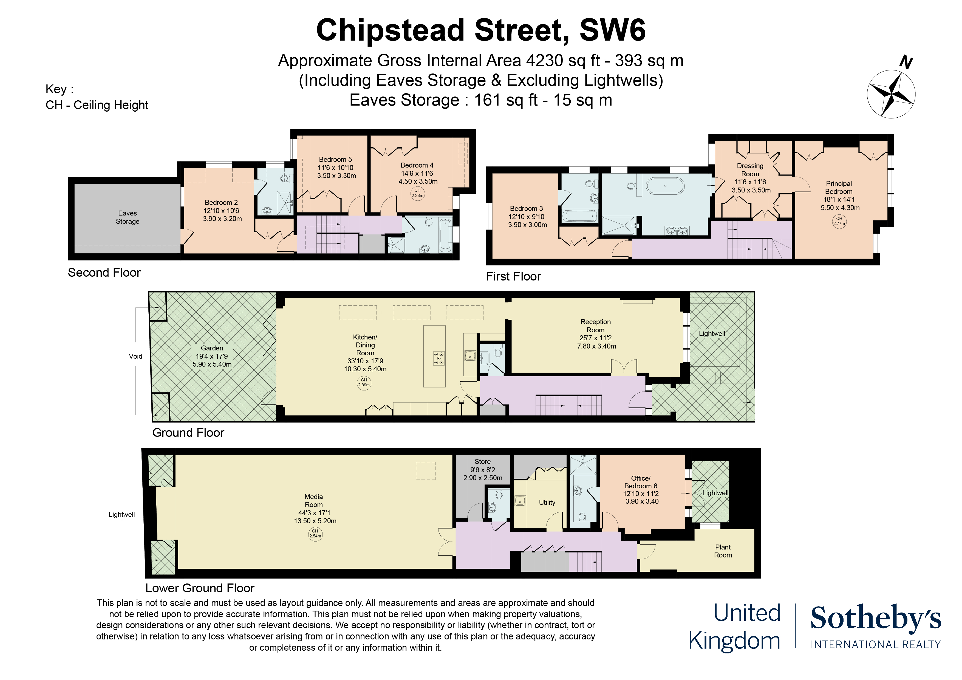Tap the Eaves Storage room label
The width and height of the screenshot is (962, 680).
tap(127, 217)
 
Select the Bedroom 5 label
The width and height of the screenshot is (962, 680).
tap(335, 168)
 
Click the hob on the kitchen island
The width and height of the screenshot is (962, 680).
tap(439, 359)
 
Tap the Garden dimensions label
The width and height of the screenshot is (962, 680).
tap(212, 360)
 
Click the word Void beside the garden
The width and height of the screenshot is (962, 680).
tap(135, 356)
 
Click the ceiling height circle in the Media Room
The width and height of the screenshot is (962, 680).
tap(315, 534)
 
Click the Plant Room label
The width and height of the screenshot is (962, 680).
tap(723, 551)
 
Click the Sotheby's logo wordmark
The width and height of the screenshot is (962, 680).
tap(876, 618)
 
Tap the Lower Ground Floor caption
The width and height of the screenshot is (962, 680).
tap(200, 588)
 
